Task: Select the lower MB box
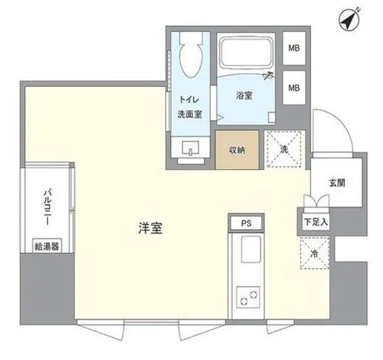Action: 294,88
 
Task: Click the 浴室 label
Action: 245,95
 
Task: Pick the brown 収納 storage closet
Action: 236,150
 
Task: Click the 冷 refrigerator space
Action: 314,254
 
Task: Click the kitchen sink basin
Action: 247,253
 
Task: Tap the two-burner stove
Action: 247,297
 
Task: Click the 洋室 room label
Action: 150,228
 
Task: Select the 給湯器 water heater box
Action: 47,245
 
